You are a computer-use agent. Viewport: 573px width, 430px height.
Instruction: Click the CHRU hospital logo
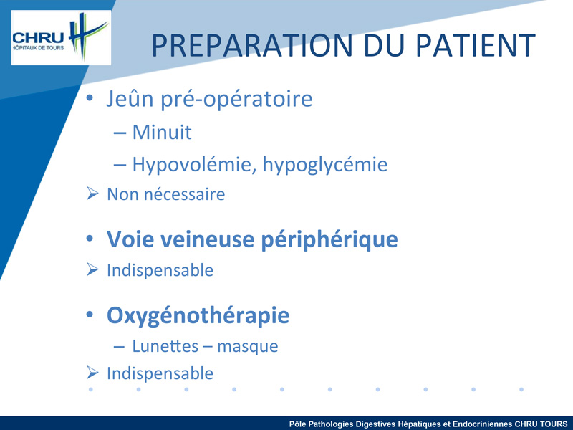(61, 38)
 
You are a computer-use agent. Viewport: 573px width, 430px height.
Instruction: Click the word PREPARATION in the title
(252, 45)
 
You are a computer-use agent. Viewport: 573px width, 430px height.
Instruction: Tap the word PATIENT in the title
(476, 45)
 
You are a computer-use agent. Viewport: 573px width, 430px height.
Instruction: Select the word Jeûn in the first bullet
(130, 98)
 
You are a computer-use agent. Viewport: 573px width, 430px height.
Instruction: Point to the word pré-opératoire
(237, 99)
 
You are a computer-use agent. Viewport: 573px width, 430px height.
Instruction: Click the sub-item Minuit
(162, 132)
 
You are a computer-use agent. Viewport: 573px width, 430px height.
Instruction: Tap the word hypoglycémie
(325, 165)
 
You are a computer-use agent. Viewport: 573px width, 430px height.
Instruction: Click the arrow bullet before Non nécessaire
(92, 193)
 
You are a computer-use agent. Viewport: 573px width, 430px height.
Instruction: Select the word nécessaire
(185, 194)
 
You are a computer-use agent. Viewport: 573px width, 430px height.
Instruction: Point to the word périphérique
(329, 241)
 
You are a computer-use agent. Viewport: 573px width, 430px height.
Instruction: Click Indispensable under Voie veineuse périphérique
(160, 271)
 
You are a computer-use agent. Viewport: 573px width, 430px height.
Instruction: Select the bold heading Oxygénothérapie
(198, 315)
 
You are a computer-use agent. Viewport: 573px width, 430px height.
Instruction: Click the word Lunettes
(165, 346)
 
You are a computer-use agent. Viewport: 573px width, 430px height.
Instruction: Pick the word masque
(247, 347)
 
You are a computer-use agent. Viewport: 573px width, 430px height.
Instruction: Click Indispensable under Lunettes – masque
(160, 373)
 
